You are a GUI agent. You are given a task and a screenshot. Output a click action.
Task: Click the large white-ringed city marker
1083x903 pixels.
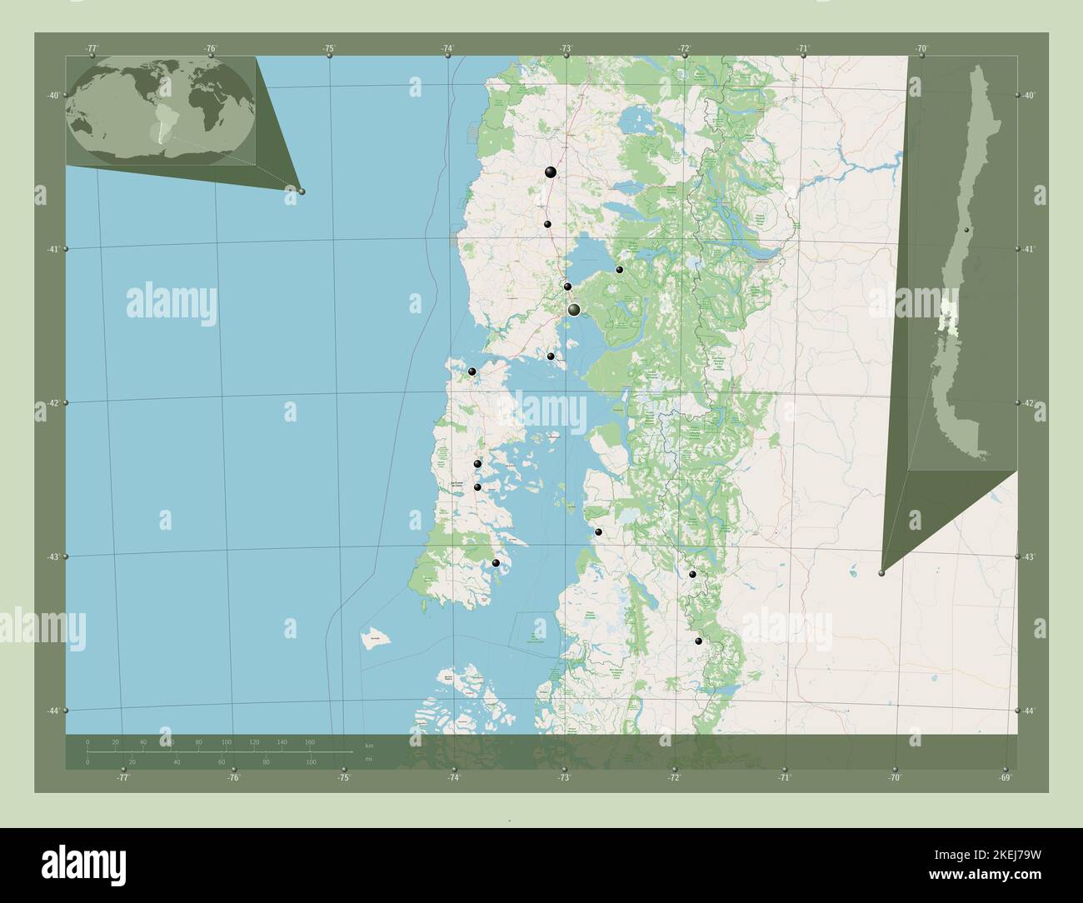coord(574,310)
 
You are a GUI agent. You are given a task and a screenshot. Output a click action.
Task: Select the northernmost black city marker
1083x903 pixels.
coord(551,172)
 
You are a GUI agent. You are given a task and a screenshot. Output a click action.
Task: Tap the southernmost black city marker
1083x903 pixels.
coord(699,641)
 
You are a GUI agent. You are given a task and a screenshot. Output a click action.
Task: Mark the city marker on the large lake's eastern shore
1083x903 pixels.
coord(619,269)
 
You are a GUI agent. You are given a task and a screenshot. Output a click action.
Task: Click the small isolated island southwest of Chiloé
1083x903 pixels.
coord(377,639)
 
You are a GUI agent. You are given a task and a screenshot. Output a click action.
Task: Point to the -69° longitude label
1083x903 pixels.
coord(1006,778)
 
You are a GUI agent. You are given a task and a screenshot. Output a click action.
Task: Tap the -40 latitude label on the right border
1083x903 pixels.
coord(1030,96)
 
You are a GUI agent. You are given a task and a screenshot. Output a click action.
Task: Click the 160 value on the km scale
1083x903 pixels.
coord(310,741)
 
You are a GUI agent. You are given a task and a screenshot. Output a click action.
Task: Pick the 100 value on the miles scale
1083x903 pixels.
coord(311,762)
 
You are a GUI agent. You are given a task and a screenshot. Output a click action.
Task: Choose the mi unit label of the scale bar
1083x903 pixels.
coord(367,760)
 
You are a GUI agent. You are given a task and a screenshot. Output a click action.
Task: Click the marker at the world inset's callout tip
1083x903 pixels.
coord(302,192)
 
